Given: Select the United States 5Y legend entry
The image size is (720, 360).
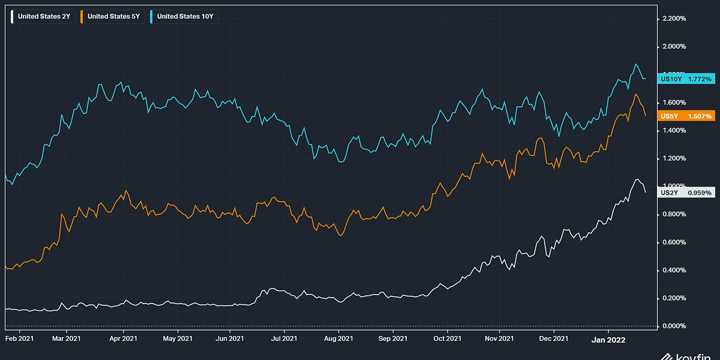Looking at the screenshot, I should (x=112, y=16).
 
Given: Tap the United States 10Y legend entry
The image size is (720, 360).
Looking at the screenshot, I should (x=183, y=16).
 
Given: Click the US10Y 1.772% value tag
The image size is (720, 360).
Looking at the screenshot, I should (x=686, y=79).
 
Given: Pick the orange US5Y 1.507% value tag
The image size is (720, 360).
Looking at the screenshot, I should (x=686, y=116).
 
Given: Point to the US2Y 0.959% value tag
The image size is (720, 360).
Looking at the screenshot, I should (x=686, y=193).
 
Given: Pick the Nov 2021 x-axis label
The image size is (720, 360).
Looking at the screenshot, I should (x=499, y=338).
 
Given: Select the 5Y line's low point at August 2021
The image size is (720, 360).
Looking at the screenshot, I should (x=340, y=236).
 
